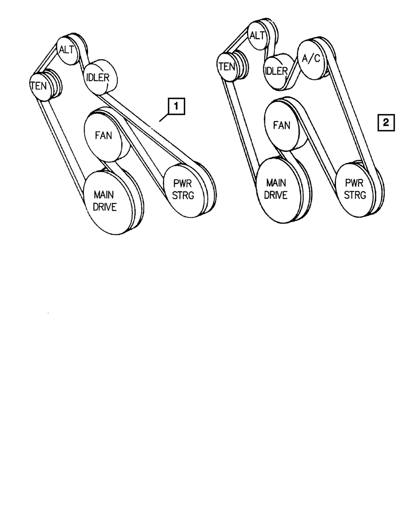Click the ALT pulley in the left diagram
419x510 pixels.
[67, 50]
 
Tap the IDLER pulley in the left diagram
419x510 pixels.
[97, 78]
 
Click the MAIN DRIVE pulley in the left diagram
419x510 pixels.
[105, 201]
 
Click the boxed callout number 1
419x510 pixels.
[176, 107]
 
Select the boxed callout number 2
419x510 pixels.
[386, 122]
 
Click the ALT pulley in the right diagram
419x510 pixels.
[256, 35]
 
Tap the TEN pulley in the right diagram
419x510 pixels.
[227, 66]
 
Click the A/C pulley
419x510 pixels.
[311, 59]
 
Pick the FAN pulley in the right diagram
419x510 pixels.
[282, 125]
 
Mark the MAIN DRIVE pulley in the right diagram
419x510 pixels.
[276, 189]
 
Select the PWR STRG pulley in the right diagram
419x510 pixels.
[355, 190]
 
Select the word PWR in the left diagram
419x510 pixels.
[183, 184]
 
